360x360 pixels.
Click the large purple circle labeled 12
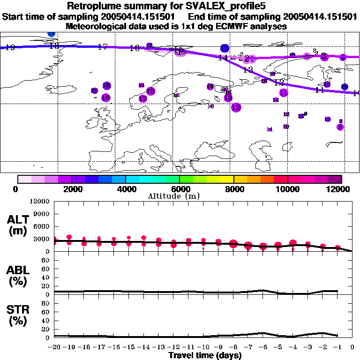(236, 107)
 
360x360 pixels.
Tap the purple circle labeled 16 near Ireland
(106, 97)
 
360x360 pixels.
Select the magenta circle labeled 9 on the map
(340, 127)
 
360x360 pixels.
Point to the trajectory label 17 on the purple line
(103, 46)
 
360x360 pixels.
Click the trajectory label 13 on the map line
(248, 69)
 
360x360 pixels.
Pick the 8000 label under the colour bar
(233, 189)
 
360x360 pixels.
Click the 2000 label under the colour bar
(71, 189)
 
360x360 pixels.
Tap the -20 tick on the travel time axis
(54, 347)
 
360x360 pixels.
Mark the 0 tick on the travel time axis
(352, 347)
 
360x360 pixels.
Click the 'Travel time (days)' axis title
(205, 355)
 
